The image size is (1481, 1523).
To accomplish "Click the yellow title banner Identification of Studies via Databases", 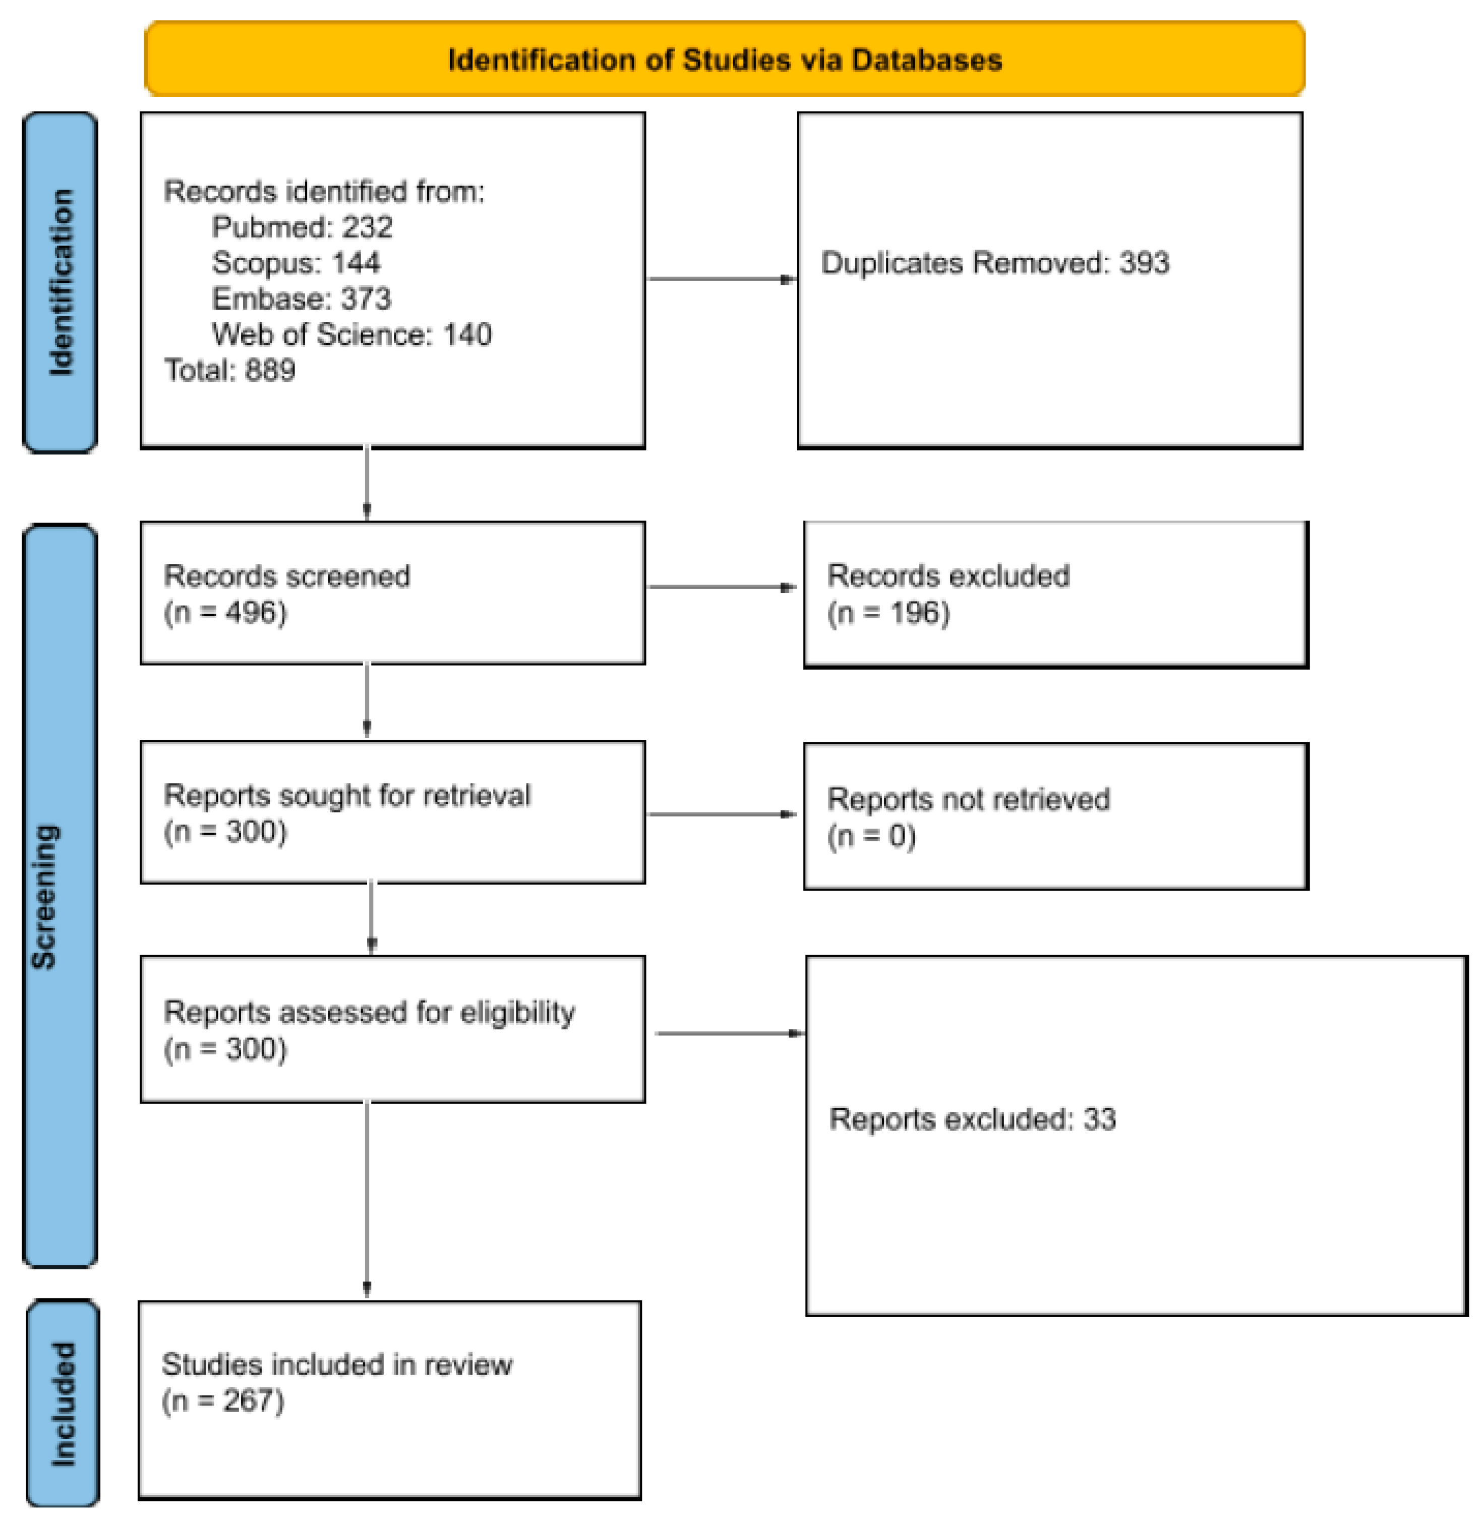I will pyautogui.click(x=724, y=59).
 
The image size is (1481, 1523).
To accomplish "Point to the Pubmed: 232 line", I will pyautogui.click(x=302, y=227).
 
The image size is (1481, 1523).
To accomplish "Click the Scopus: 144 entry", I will pyautogui.click(x=295, y=263).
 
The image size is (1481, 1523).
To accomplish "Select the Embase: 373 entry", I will pyautogui.click(x=301, y=299).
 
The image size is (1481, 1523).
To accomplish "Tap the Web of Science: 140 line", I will pyautogui.click(x=351, y=334).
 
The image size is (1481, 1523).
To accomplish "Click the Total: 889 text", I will pyautogui.click(x=229, y=370).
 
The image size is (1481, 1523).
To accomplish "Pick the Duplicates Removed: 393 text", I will pyautogui.click(x=995, y=263).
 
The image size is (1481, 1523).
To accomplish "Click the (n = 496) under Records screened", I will pyautogui.click(x=225, y=612).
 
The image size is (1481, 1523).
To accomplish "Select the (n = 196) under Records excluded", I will pyautogui.click(x=888, y=613).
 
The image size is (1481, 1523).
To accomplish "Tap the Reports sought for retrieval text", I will pyautogui.click(x=347, y=795).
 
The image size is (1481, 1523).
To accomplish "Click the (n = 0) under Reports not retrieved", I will pyautogui.click(x=871, y=836).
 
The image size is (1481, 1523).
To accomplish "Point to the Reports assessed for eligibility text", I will pyautogui.click(x=370, y=1012).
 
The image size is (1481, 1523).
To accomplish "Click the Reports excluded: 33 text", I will pyautogui.click(x=972, y=1119).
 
